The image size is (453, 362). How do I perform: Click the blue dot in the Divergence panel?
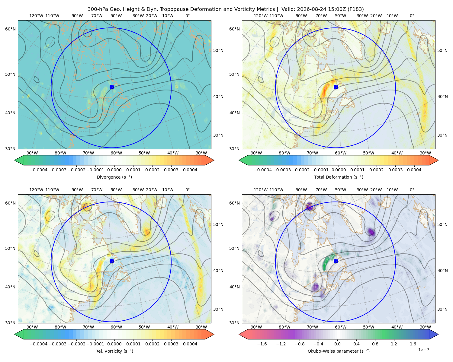point(112,87)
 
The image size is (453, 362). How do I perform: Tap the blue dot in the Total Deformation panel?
point(336,87)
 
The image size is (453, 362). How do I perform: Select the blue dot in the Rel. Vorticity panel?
point(112,261)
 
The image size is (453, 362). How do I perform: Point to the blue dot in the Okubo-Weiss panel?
point(336,261)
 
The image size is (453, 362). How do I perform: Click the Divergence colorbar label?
point(114,177)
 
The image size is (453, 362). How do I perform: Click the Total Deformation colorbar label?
point(339,177)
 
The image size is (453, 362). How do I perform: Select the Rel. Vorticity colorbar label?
point(114,351)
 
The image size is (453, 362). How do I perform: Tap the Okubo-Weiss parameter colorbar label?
point(339,351)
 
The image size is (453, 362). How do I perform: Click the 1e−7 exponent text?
point(423,350)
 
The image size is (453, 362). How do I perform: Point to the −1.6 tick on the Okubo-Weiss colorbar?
point(262,344)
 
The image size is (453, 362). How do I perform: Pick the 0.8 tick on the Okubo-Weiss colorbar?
point(375,344)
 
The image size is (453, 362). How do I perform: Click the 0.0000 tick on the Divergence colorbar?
point(114,170)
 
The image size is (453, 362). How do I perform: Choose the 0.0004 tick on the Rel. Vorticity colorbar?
point(190,344)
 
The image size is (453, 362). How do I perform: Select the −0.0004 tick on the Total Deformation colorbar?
point(263,170)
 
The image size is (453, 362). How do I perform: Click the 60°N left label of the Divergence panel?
point(10,29)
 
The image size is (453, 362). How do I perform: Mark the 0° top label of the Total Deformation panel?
point(412,16)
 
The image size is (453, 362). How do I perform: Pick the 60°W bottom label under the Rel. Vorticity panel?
point(116,327)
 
